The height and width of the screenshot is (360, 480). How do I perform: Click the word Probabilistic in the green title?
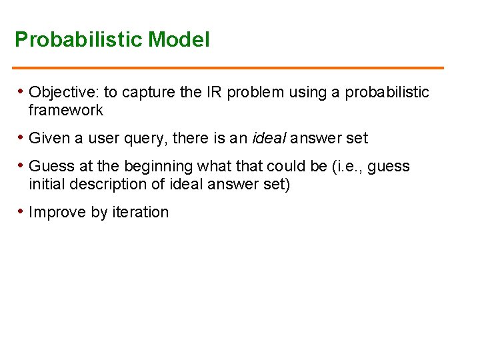[x=79, y=40]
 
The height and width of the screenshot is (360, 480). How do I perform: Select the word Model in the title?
[x=179, y=40]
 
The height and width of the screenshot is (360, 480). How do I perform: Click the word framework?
[x=66, y=110]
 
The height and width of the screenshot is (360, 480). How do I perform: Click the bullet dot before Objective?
[x=21, y=91]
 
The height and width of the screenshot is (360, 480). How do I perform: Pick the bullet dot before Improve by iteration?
[x=21, y=211]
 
